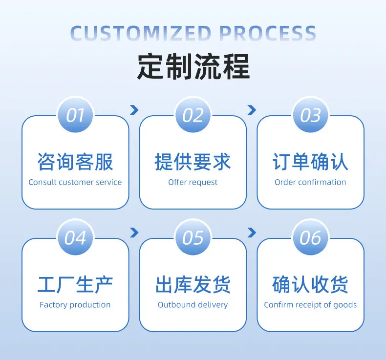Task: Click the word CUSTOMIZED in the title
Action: [141, 33]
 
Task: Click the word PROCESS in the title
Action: [268, 33]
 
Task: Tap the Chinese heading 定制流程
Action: [193, 66]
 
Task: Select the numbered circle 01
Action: [75, 115]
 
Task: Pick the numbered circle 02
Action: [193, 115]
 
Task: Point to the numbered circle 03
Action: [310, 115]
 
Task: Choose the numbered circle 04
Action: [75, 238]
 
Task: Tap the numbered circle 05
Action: [193, 238]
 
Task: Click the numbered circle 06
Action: [310, 238]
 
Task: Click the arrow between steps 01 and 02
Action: [134, 110]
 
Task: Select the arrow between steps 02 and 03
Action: [252, 110]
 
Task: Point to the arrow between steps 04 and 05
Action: [134, 233]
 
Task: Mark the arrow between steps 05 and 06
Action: [252, 233]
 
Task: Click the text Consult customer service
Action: [75, 182]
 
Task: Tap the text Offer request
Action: [193, 182]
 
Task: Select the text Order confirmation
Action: [310, 182]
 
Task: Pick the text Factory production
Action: [75, 305]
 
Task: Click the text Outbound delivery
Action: [193, 305]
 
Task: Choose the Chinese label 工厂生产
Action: [75, 285]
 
